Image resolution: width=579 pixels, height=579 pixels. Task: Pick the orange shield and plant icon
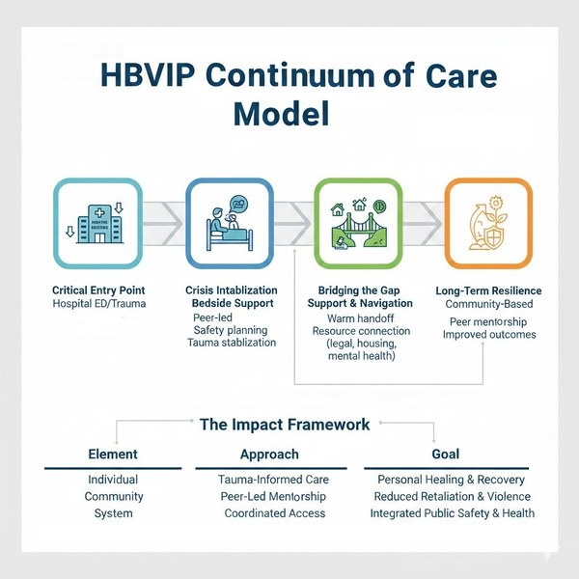pyautogui.click(x=487, y=223)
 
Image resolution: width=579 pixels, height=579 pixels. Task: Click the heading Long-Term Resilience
pyautogui.click(x=487, y=290)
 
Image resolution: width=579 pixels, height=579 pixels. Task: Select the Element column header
pyautogui.click(x=113, y=454)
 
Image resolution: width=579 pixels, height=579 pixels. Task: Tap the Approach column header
pyautogui.click(x=268, y=454)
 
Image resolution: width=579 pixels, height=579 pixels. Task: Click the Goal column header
pyautogui.click(x=446, y=454)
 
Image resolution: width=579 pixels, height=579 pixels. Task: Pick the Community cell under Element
pyautogui.click(x=113, y=496)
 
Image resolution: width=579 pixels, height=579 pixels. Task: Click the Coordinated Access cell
pyautogui.click(x=274, y=513)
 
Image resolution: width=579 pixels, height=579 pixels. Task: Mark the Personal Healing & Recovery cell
pyautogui.click(x=452, y=480)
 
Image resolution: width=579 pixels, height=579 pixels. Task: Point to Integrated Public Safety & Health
pyautogui.click(x=452, y=513)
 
